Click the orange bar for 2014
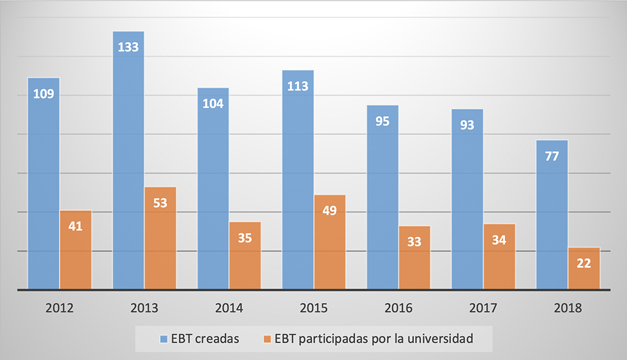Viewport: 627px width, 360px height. (245, 256)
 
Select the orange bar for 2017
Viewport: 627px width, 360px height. (499, 256)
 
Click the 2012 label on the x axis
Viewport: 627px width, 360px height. (59, 308)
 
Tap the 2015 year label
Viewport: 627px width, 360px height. (314, 308)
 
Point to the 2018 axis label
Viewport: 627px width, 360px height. (568, 308)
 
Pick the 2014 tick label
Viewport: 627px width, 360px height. (229, 308)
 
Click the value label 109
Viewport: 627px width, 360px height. (43, 94)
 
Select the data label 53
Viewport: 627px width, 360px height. (160, 202)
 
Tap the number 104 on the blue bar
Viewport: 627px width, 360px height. (213, 103)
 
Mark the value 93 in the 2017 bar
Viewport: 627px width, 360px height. (467, 125)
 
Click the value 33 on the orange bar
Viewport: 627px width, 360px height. (414, 242)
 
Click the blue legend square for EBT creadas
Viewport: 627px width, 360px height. (164, 339)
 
